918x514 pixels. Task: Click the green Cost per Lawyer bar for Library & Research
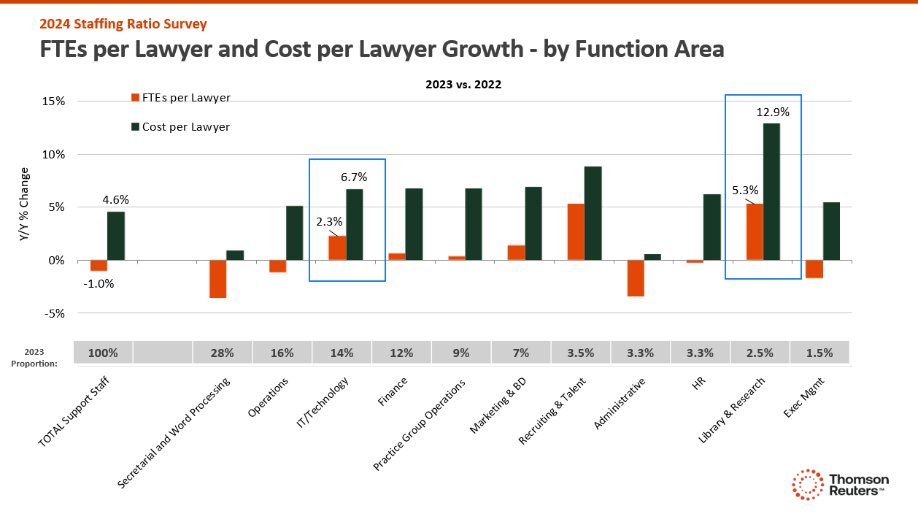coord(771,191)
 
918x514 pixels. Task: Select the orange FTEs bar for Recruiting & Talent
coord(576,231)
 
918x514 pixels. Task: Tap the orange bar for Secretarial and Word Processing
coord(217,278)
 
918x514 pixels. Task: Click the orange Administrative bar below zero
coord(636,278)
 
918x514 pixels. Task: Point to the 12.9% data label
coord(772,112)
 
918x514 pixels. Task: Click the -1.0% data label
coord(98,284)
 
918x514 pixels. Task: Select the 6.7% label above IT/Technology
coord(354,177)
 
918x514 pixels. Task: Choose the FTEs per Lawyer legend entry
coord(185,98)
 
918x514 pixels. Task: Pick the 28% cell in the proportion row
coord(222,353)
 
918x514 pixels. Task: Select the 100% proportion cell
coord(103,353)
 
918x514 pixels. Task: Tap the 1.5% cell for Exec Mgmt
coord(819,353)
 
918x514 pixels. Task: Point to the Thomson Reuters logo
coord(841,485)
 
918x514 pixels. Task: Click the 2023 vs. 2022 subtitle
coord(463,84)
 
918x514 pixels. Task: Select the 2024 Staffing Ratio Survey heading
coord(123,24)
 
